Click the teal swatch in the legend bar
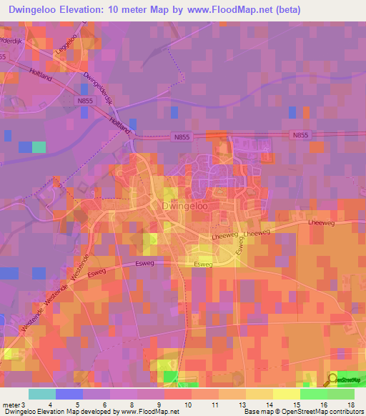coord(42,394)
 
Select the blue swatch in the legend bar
coord(69,394)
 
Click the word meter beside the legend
coord(12,405)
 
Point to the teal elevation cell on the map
coord(39,147)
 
